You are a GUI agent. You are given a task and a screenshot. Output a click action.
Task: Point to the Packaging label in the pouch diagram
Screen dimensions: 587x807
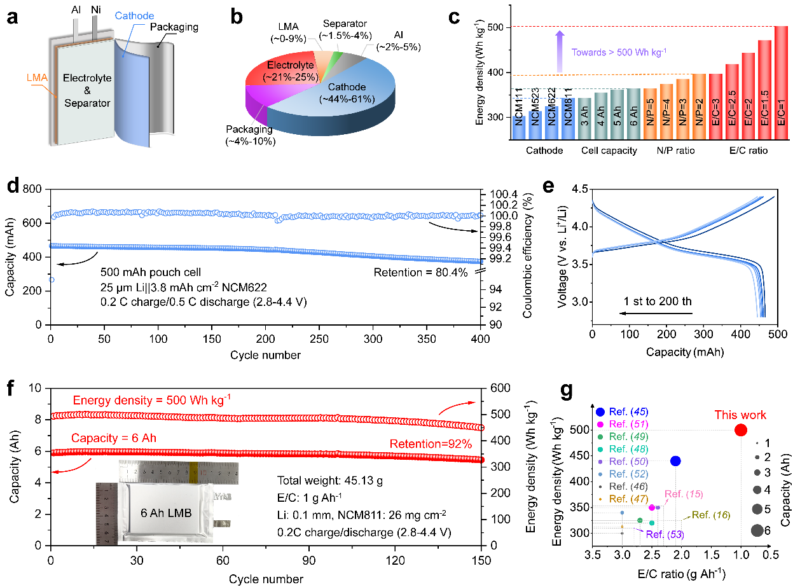click(175, 27)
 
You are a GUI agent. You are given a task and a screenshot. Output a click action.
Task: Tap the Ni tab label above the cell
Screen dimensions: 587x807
click(95, 10)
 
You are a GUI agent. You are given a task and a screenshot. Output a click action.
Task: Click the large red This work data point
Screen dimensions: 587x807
click(740, 430)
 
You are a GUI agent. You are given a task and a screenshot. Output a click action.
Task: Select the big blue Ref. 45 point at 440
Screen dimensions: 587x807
click(675, 460)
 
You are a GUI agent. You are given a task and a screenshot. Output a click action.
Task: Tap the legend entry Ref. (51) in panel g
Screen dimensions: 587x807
click(628, 424)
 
